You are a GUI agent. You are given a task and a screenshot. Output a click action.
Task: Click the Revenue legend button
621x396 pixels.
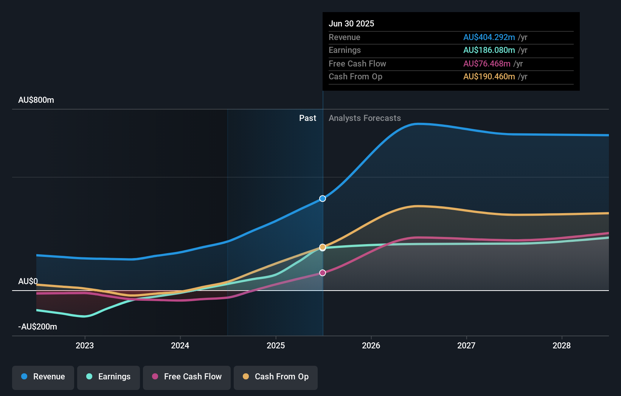click(43, 377)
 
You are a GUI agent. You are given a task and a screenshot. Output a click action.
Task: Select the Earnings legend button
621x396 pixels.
click(109, 377)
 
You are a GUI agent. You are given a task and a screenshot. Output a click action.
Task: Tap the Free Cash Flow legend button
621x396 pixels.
click(187, 377)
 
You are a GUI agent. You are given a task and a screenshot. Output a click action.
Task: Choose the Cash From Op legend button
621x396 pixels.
click(276, 377)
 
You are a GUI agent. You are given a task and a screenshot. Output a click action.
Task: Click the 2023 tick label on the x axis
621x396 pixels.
click(85, 346)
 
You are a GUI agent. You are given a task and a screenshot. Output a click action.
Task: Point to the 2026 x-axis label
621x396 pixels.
click(371, 346)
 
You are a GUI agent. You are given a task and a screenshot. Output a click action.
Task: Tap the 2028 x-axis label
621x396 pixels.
click(562, 346)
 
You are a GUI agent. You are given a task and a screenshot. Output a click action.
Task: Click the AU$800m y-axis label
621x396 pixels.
click(36, 100)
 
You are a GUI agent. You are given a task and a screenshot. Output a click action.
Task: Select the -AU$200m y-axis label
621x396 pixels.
click(38, 327)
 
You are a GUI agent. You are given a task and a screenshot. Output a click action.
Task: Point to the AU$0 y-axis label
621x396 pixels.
click(28, 282)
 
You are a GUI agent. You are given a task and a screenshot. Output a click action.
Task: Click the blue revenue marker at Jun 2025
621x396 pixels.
click(323, 199)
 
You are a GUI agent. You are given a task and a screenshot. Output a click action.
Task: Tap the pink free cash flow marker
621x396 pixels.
click(323, 273)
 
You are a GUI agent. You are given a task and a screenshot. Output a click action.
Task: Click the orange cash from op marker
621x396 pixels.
click(323, 247)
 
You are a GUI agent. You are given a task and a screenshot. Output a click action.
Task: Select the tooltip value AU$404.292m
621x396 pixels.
click(489, 37)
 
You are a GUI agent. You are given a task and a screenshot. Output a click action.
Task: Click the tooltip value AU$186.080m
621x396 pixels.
click(489, 50)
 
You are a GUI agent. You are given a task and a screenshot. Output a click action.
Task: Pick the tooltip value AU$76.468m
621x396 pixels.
click(487, 64)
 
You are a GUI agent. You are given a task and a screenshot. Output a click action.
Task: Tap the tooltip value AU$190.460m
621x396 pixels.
click(489, 77)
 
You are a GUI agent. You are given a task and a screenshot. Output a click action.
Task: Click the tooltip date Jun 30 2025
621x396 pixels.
click(351, 24)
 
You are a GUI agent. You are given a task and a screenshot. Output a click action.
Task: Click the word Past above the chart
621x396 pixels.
click(307, 118)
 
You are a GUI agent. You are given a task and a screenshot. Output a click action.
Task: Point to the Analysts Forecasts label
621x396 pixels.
click(365, 118)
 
